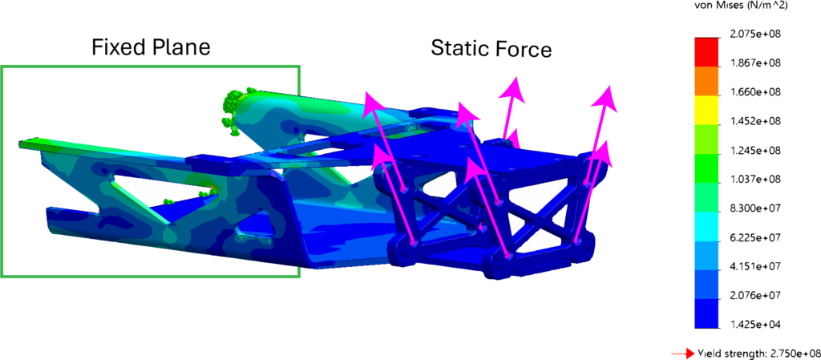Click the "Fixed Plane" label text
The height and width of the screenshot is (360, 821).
(151, 47)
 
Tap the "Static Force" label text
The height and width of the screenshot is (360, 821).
(491, 49)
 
